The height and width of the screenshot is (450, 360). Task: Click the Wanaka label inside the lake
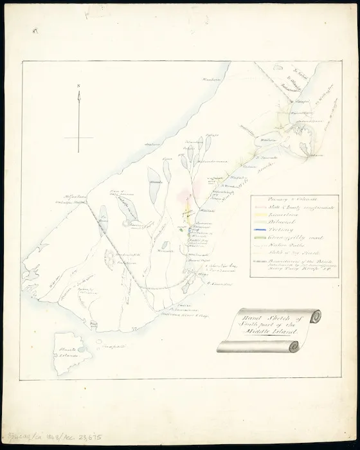(156, 182)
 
